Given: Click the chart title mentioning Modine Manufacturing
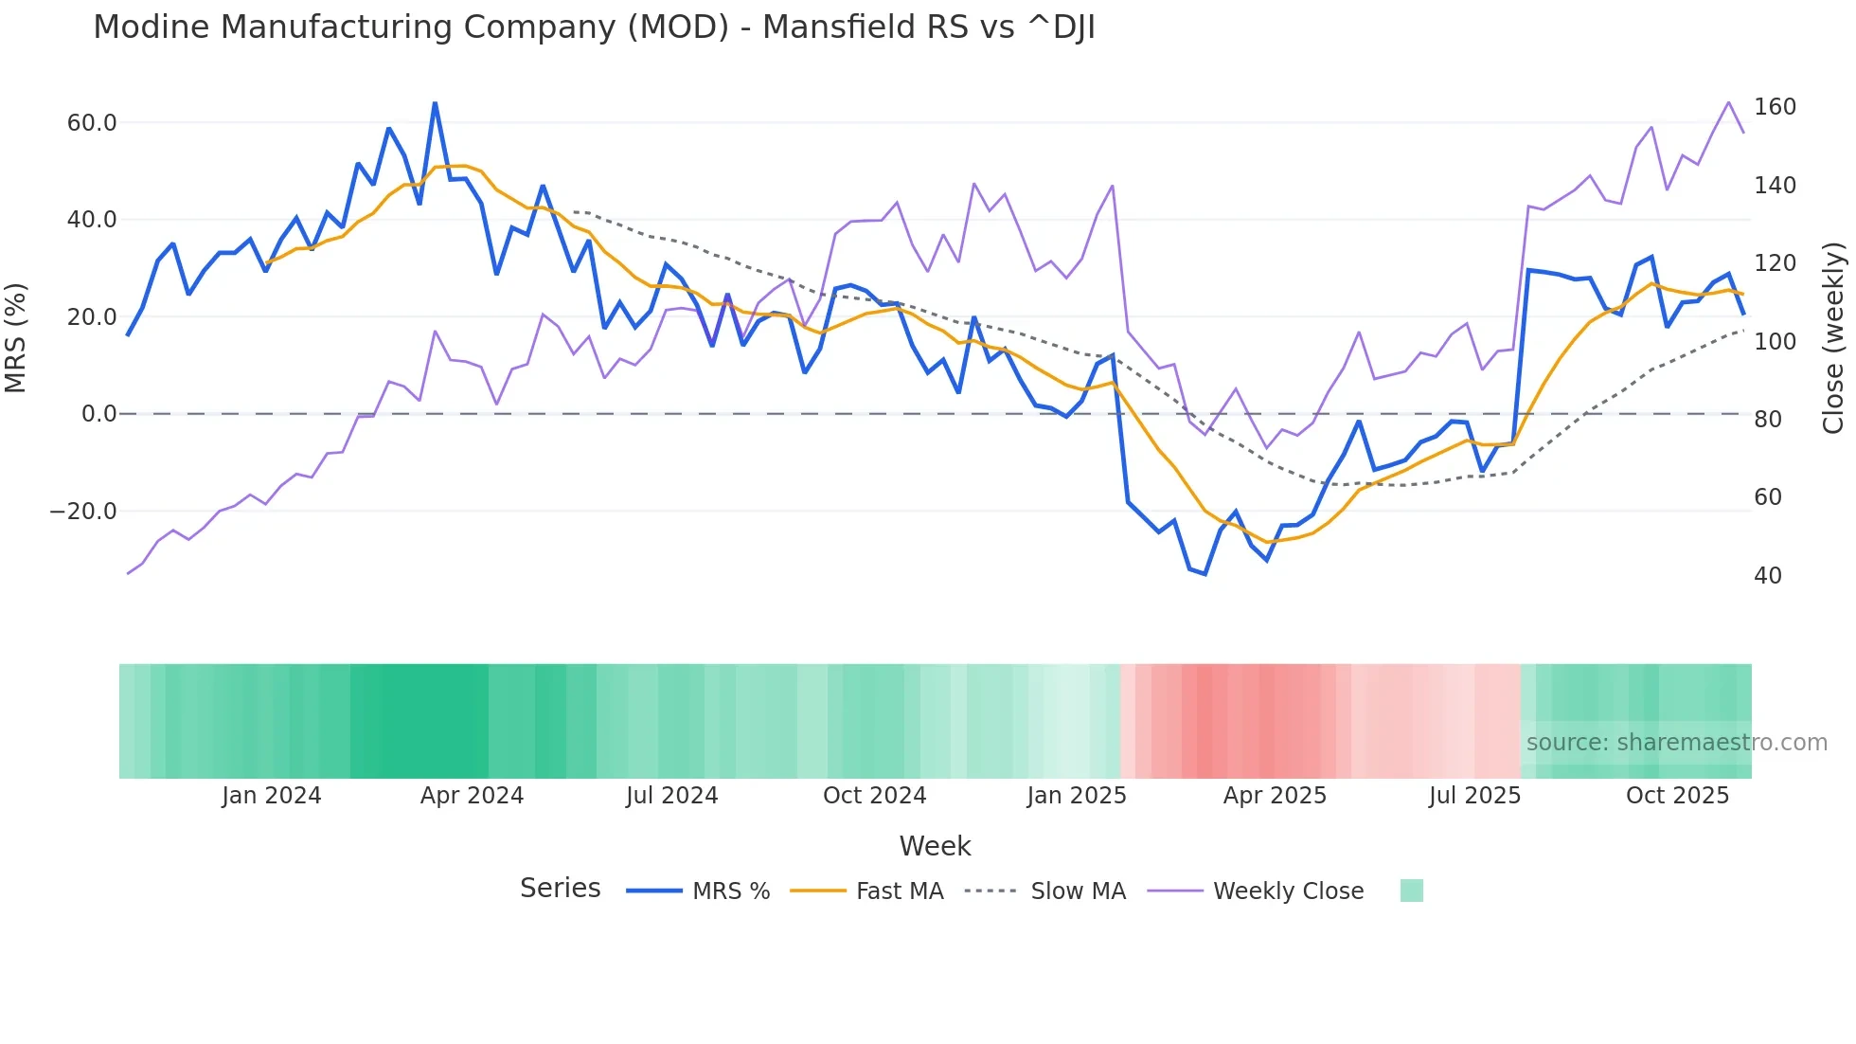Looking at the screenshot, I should [594, 27].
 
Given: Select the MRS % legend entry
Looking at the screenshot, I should [730, 891].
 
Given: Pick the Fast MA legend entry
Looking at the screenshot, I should [899, 891].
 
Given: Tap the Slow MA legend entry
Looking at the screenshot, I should [1078, 891].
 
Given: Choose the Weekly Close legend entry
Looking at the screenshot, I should [1288, 891].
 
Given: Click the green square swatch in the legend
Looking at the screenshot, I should [1411, 891].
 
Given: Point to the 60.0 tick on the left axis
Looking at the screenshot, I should [92, 123].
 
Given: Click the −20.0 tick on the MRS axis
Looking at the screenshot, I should [83, 512].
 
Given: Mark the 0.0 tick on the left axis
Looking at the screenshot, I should [98, 414].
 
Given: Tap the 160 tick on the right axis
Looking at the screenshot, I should [1775, 107].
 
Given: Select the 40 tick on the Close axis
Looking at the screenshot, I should [1768, 576].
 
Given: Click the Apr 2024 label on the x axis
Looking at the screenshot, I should [472, 796].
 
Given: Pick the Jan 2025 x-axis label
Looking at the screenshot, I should [1077, 796].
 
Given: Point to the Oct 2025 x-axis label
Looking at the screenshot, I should [1677, 796].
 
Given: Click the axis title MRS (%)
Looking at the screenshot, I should [16, 338].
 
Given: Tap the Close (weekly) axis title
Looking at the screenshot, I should [1834, 338].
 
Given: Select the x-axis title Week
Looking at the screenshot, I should [935, 846].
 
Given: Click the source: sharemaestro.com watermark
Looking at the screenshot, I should [1676, 743].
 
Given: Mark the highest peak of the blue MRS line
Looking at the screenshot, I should [435, 103].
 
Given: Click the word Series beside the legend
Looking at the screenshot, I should [560, 889].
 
